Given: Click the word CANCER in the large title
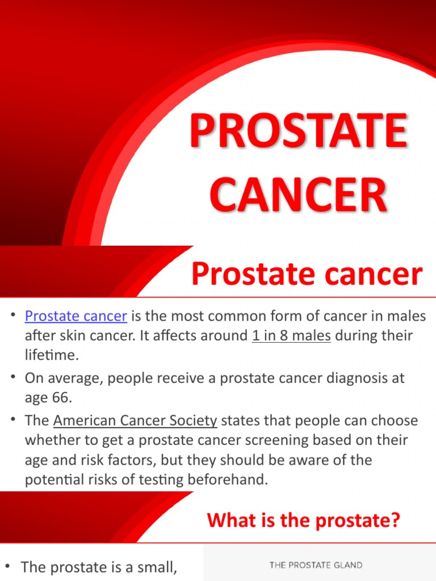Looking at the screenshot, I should [x=299, y=195].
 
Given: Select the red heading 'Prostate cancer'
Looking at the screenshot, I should [x=307, y=275].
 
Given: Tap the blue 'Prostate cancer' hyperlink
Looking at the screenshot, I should [x=76, y=316].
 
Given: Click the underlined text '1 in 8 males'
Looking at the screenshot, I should [x=291, y=335].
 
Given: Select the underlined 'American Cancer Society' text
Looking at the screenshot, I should [x=135, y=420].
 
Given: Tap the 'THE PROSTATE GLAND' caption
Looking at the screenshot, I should [x=316, y=565].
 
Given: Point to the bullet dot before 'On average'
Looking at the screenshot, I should [x=12, y=377].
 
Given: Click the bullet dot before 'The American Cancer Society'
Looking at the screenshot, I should [x=12, y=420].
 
